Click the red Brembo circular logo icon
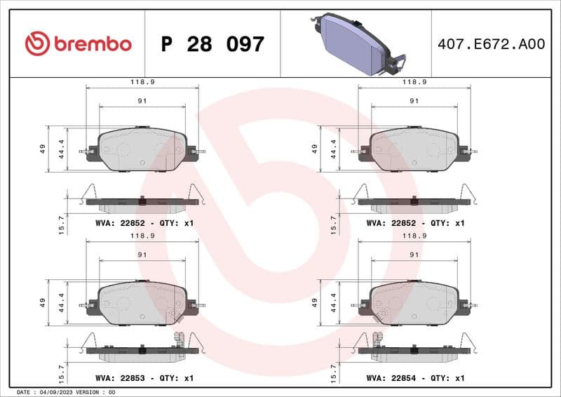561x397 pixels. click(36, 44)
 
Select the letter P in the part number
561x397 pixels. click(167, 44)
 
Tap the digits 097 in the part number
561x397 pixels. click(245, 44)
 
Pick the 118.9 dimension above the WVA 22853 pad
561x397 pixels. click(142, 237)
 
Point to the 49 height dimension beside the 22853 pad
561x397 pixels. click(43, 303)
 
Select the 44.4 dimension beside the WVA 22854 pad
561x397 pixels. click(334, 303)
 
